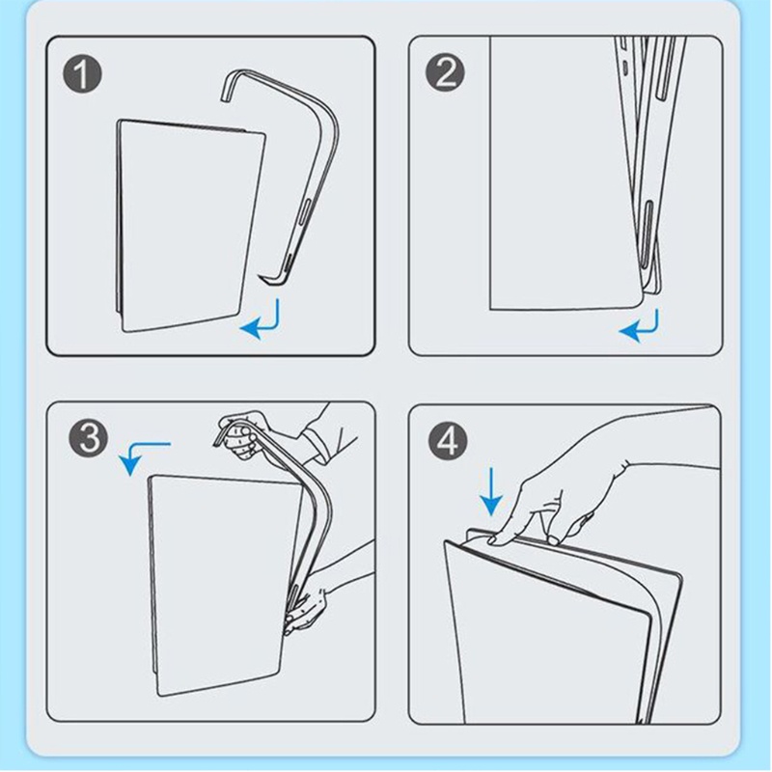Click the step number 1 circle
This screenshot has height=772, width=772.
point(83,74)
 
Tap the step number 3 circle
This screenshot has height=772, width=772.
point(89,437)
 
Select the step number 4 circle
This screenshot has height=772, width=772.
point(448,440)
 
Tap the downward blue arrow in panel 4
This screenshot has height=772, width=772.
point(491,491)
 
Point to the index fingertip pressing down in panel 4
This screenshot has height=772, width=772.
point(493,539)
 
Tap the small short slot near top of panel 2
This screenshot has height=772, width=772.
point(625,66)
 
